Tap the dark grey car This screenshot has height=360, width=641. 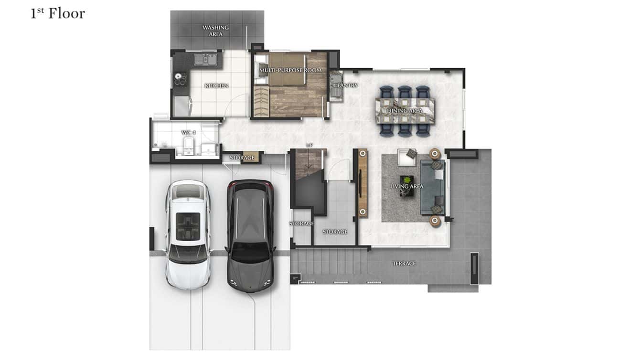(x=250, y=236)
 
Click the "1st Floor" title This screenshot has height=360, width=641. (x=58, y=13)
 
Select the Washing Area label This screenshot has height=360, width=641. (x=215, y=31)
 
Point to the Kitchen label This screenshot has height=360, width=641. (x=216, y=86)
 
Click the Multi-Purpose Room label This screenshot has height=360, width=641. (x=290, y=71)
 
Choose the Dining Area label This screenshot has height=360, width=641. (x=405, y=111)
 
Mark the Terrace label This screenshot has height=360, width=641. (x=404, y=264)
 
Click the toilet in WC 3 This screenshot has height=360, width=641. (x=188, y=145)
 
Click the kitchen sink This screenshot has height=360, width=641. (x=206, y=59)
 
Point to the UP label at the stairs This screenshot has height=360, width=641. (x=309, y=145)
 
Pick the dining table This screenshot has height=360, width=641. (x=405, y=111)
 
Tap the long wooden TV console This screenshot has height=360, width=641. (x=363, y=183)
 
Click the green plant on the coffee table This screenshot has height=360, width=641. (x=407, y=179)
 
